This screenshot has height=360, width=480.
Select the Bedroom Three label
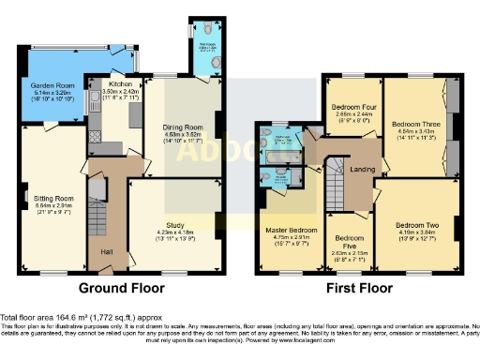pos(416,124)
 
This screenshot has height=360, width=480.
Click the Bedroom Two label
pos(418,225)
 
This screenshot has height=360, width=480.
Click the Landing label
pos(362,169)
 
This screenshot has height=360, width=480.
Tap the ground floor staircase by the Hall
pos(97,211)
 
